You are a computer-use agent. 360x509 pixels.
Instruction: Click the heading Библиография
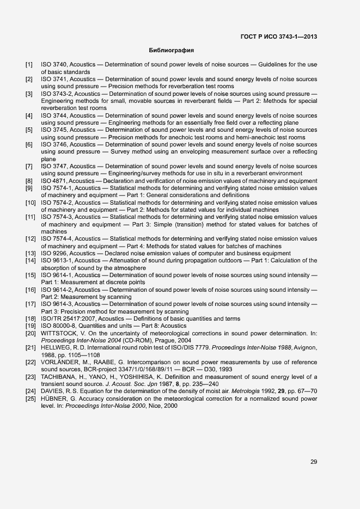172,51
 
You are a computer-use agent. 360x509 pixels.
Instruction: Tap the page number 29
314,462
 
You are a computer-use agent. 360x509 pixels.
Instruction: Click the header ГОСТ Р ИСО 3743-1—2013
278,37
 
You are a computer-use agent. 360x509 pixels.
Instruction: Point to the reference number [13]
30,253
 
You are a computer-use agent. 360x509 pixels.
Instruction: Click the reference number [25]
30,398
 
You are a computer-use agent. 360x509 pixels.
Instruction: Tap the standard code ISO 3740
54,65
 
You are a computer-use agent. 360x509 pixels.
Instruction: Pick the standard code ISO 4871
54,181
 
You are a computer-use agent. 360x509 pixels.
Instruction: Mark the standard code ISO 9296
54,253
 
